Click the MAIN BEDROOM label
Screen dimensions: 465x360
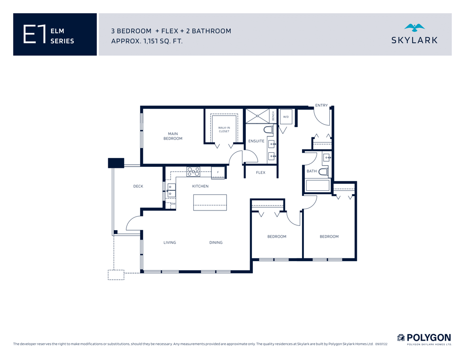pos(173,136)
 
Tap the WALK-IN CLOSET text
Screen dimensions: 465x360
pos(224,129)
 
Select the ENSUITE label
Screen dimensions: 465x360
pos(256,141)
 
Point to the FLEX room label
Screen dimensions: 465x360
pos(261,172)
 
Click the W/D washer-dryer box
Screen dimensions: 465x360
pos(286,117)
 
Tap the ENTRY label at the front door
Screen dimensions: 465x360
pos(321,105)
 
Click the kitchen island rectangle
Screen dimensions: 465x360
pos(210,202)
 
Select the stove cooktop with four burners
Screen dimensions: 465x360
pos(193,172)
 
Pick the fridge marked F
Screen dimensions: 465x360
pos(218,172)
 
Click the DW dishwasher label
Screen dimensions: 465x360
pos(173,204)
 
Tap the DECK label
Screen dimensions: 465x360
pos(138,187)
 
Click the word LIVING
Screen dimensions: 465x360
pos(170,242)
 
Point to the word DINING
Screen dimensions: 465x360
pos(216,242)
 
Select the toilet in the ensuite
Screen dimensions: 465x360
pos(268,130)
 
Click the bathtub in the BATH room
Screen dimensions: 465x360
pos(317,186)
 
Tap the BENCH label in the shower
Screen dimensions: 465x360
pos(273,116)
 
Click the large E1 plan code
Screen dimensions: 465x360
pos(35,34)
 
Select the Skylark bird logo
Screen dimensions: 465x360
pos(414,28)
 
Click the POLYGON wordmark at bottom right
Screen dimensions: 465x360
pos(428,338)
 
